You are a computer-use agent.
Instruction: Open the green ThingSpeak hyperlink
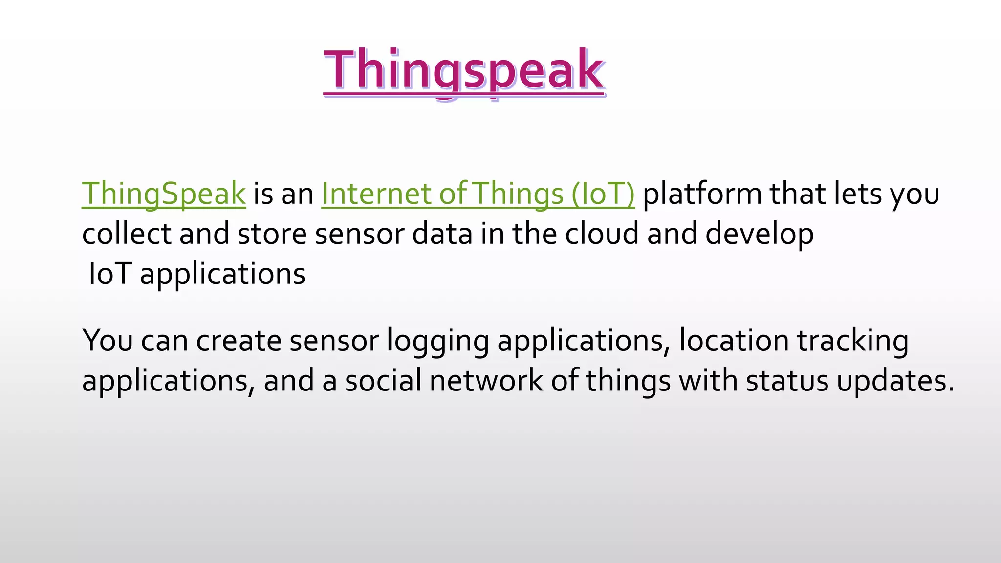(x=163, y=194)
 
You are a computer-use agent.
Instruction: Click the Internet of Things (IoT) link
(x=478, y=194)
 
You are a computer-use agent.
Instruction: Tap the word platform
(x=702, y=194)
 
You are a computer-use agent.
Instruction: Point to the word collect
(x=126, y=234)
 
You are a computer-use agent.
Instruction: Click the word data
(x=442, y=234)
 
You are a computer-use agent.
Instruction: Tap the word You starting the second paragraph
(x=108, y=340)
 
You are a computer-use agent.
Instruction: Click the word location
(x=734, y=340)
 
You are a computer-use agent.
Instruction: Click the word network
(x=486, y=381)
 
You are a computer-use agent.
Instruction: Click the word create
(x=238, y=340)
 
